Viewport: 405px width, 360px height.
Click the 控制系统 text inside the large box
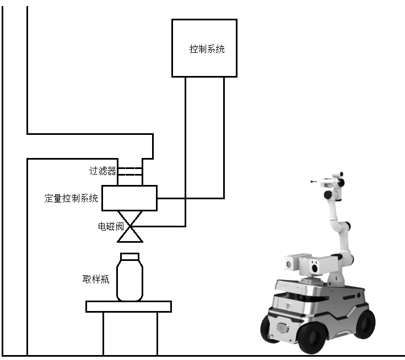point(207,49)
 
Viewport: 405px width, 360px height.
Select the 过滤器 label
point(102,171)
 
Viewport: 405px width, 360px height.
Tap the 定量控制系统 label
point(71,198)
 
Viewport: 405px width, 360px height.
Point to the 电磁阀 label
point(111,226)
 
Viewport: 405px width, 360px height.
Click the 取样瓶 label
point(96,279)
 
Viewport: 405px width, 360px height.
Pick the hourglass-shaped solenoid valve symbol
point(130,227)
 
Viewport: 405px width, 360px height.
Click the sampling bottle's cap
point(130,257)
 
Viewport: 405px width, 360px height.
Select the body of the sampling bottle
point(129,280)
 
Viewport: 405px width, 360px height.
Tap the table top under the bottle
point(128,307)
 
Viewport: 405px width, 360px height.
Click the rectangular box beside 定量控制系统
point(129,198)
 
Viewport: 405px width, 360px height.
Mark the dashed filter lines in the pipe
point(130,171)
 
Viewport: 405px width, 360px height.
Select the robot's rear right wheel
point(364,324)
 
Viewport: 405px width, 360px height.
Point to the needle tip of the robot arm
point(311,182)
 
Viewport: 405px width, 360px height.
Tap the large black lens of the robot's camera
point(314,269)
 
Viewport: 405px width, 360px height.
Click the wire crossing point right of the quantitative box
point(186,199)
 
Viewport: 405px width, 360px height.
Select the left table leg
point(104,334)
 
